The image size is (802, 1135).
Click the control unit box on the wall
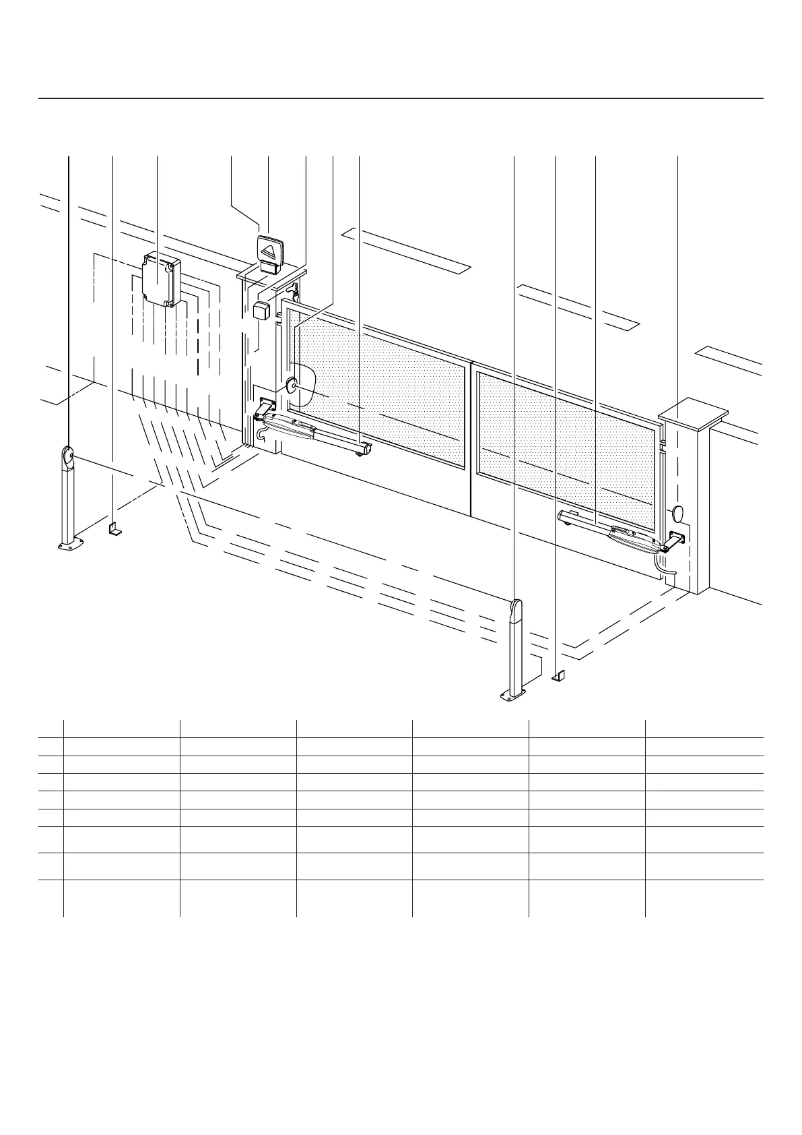(x=162, y=278)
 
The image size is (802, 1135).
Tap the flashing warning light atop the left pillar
(x=270, y=255)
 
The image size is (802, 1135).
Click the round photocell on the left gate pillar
(x=292, y=386)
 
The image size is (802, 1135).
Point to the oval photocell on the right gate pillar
(x=677, y=514)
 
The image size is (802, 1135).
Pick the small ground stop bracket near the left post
(x=115, y=528)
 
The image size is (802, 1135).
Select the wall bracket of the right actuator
(x=675, y=541)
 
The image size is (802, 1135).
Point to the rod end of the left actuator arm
(x=364, y=448)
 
